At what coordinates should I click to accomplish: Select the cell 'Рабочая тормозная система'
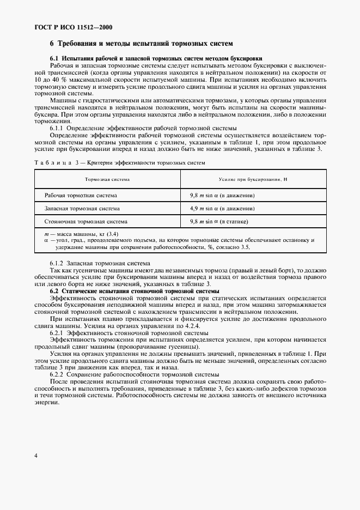click(81, 195)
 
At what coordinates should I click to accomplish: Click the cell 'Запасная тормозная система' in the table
click(82, 208)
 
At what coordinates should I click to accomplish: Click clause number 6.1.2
click(57, 263)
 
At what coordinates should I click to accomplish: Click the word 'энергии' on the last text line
click(46, 403)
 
